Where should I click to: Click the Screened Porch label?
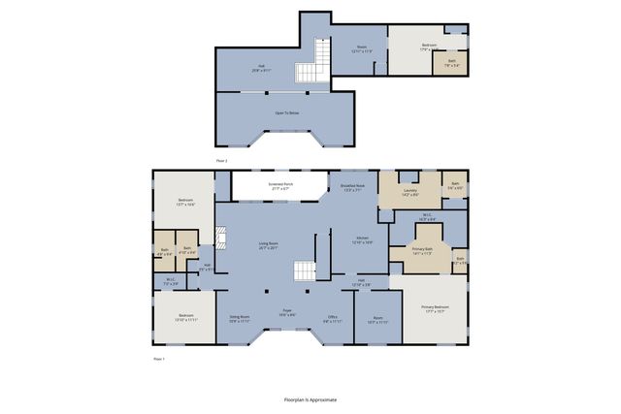tap(280, 185)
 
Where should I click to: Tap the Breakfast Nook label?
tap(352, 187)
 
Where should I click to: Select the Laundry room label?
tap(409, 193)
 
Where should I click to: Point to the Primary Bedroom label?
tap(433, 309)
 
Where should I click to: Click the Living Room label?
tap(269, 245)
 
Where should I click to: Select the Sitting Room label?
tap(240, 318)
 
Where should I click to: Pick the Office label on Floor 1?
tap(332, 318)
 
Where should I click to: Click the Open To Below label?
tap(286, 113)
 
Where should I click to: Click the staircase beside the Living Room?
tap(306, 273)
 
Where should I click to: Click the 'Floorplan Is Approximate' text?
tap(310, 398)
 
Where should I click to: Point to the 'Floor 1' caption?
tap(159, 359)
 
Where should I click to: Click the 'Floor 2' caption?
tap(221, 159)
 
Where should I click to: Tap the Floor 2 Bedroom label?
tap(429, 45)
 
